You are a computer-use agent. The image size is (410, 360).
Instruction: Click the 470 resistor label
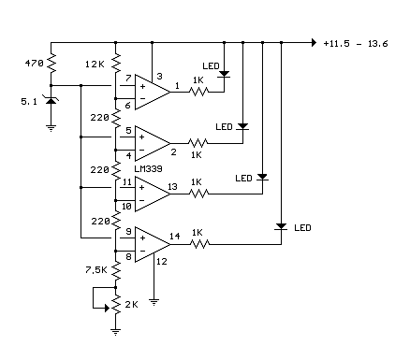click(32, 65)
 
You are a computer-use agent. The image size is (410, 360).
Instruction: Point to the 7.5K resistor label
click(95, 269)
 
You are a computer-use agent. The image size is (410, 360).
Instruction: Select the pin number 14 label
click(174, 238)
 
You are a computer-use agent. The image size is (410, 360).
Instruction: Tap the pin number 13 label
click(174, 187)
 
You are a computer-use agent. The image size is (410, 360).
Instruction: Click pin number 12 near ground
click(162, 263)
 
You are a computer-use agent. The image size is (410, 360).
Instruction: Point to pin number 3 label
click(160, 77)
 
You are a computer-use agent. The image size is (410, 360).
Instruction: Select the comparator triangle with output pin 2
click(150, 142)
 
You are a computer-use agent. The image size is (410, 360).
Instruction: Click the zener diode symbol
click(51, 102)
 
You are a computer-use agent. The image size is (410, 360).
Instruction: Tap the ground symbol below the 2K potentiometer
click(115, 329)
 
